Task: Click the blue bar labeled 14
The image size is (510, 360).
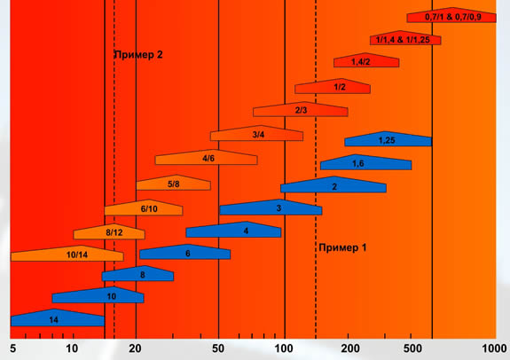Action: coord(58,318)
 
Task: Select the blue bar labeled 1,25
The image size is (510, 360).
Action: coord(388,139)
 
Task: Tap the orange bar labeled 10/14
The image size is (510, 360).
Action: coord(67,254)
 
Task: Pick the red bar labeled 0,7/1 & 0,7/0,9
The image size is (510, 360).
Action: coord(451,15)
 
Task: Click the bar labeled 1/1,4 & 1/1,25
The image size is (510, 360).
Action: coord(405,38)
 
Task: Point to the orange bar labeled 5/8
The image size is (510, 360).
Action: coord(173,183)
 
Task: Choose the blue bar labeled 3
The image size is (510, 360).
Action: coord(271,207)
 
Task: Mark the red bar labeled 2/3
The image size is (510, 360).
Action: coord(301,109)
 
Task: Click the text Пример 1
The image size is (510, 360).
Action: coord(342,247)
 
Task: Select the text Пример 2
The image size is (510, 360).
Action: coord(138,55)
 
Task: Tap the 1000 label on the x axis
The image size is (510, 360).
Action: coord(494,348)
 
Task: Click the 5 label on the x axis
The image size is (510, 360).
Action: coord(12,348)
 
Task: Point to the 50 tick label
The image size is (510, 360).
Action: coord(218,348)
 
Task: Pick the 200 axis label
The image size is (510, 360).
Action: coord(350,348)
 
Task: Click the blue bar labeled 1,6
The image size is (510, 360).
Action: coord(366,162)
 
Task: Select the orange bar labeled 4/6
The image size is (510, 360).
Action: coord(207,158)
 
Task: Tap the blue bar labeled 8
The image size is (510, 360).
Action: coord(137,273)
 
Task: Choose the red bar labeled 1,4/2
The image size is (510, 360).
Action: coord(366,60)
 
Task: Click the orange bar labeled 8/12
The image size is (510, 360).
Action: coord(109,231)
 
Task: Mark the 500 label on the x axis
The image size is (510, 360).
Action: coord(412,348)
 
